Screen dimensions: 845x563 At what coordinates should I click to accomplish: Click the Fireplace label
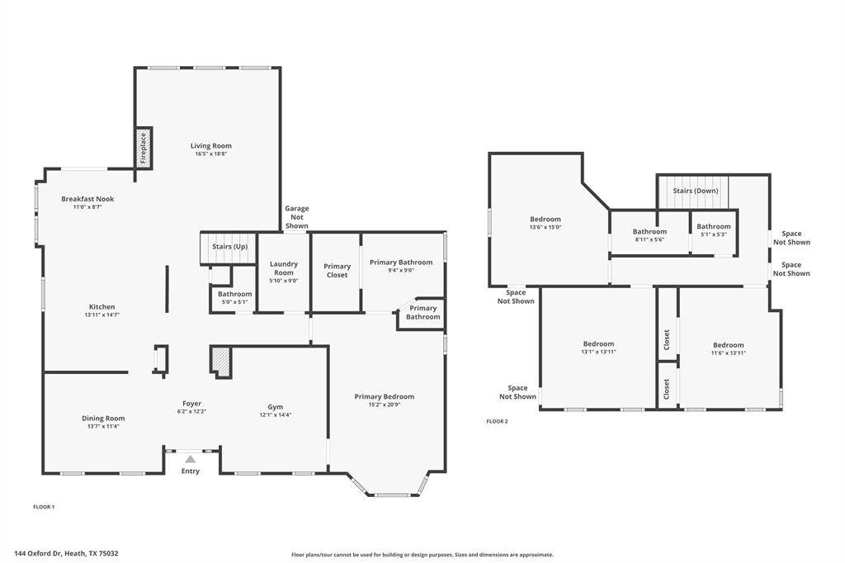coord(144,148)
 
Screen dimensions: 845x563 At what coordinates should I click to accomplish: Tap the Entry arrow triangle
coord(191,459)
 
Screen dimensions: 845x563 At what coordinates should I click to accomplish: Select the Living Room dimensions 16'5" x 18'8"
coord(210,154)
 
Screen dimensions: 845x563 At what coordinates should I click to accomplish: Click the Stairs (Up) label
coord(229,247)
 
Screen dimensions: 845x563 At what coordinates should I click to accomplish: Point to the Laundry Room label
coord(284,268)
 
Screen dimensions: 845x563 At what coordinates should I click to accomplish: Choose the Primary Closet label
coord(337,270)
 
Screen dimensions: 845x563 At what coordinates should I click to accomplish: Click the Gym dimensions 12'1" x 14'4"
coord(276,415)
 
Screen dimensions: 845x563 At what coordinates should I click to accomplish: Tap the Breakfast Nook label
coord(87,198)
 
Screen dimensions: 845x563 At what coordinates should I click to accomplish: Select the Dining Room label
coord(103,418)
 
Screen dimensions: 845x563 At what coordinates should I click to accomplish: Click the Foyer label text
coord(191,404)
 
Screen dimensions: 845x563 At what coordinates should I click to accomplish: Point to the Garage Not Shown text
coord(297,217)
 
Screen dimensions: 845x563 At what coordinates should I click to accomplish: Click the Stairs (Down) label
coord(695,191)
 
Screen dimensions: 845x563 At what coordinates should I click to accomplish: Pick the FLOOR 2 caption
coord(497,421)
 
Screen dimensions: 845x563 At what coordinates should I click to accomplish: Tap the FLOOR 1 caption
coord(44,507)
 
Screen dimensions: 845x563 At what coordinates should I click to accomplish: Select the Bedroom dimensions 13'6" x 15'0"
coord(545,228)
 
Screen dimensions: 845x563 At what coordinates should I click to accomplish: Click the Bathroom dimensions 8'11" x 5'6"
coord(649,239)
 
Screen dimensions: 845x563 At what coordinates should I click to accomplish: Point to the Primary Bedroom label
coord(385,396)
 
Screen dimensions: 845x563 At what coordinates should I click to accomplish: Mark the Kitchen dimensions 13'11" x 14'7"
coord(101,315)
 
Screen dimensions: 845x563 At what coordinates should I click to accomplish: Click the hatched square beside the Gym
coord(220,360)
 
